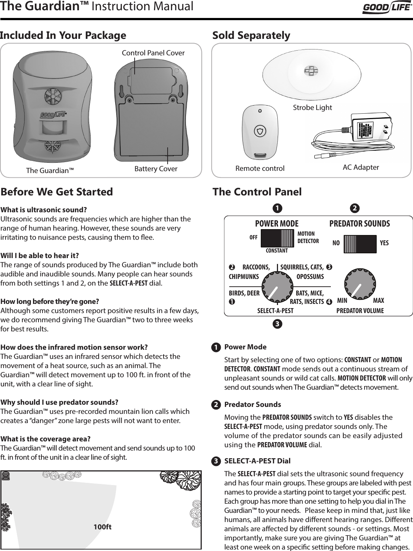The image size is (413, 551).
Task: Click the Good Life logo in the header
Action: [x=387, y=8]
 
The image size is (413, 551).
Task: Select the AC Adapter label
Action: [x=361, y=168]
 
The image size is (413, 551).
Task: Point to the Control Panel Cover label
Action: [x=153, y=53]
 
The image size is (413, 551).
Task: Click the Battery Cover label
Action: [x=156, y=169]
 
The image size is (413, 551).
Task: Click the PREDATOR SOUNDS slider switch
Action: [x=360, y=244]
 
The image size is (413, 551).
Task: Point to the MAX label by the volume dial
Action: [x=379, y=301]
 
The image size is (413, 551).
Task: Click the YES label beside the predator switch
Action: [x=384, y=243]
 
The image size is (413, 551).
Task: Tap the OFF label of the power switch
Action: [x=253, y=237]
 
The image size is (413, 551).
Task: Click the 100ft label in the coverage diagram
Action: [x=103, y=527]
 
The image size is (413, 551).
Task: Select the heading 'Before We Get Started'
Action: [x=57, y=192]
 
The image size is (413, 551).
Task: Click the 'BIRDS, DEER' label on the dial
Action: [x=244, y=293]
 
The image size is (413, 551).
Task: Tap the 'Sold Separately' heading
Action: [x=251, y=36]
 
